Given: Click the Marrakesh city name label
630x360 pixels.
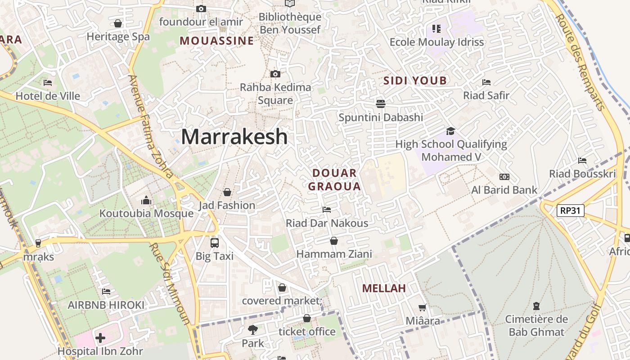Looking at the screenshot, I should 234,136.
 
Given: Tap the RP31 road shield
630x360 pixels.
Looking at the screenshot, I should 570,210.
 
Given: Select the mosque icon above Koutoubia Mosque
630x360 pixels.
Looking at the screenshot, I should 146,200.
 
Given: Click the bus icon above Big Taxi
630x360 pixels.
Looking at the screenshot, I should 215,243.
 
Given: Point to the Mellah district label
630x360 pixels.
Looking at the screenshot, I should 384,288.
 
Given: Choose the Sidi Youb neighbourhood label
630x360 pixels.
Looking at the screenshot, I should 415,81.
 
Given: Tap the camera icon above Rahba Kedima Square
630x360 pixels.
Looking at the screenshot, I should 275,74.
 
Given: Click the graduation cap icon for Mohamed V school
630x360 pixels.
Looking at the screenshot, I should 450,131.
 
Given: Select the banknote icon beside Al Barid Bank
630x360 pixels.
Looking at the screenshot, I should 504,177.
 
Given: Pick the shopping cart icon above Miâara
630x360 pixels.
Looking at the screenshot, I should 422,308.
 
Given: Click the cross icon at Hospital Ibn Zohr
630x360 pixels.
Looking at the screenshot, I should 100,337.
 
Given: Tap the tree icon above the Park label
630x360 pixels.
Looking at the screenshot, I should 253,330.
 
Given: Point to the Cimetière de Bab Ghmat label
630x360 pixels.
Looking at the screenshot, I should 536,326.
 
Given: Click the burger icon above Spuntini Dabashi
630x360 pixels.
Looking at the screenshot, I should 381,104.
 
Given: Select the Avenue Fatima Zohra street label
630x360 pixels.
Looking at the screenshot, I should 151,126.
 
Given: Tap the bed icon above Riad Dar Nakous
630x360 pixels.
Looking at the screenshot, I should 327,210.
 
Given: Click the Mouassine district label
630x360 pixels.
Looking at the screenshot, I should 217,41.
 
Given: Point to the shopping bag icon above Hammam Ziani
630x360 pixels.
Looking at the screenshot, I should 334,241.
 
